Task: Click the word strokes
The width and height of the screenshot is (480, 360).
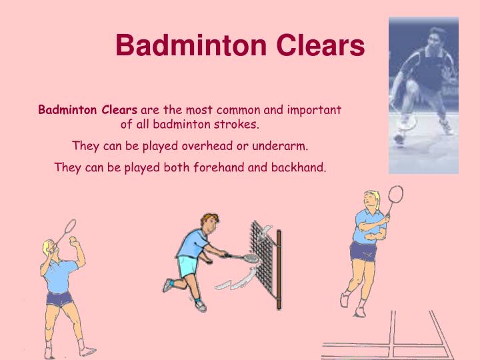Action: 237,124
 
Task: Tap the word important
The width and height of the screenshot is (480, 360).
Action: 311,109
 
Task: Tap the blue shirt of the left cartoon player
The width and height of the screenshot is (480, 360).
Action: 61,273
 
